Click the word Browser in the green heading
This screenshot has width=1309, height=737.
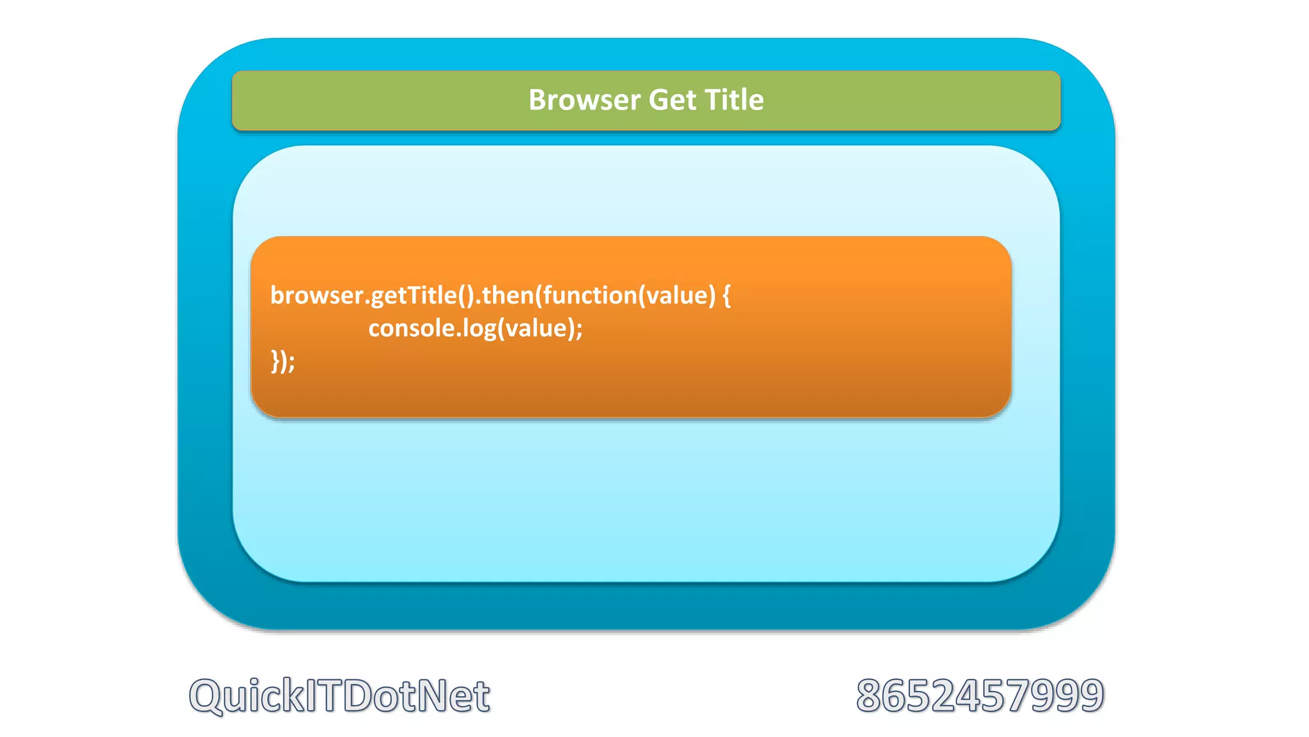[584, 100]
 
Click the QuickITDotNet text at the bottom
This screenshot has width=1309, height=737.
[339, 695]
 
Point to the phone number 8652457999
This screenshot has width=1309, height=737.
[980, 695]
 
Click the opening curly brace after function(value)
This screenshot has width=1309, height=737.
[726, 296]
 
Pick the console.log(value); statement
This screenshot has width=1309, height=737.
[475, 328]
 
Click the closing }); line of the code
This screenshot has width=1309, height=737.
[283, 361]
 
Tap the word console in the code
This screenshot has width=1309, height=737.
[411, 328]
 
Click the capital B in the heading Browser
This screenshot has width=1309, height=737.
[537, 100]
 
